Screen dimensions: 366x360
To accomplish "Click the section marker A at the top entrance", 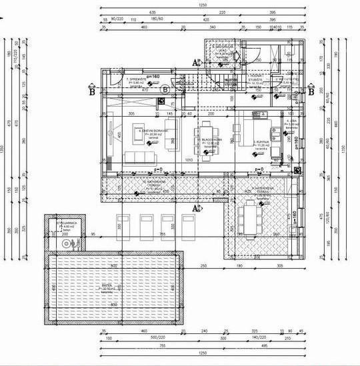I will coord(196,62).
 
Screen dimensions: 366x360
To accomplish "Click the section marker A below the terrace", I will coord(196,208).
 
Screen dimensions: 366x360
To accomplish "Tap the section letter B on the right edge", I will coord(311,93).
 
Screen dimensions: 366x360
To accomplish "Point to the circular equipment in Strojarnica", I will coord(65,244).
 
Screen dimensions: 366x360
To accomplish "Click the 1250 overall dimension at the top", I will coord(202,4).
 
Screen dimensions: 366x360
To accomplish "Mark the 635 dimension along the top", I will coord(152,12).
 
